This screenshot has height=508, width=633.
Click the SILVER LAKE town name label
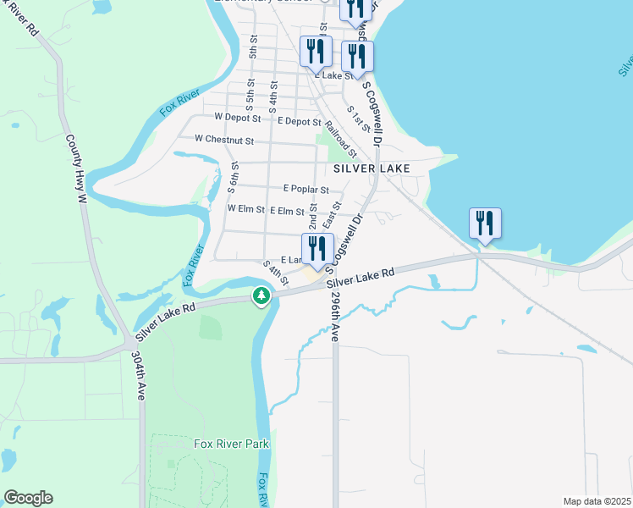372,168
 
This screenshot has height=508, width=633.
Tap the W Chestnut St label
224,138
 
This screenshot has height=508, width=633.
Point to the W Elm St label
246,208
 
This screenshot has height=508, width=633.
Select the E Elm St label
287,210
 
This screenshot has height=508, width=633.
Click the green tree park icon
262,295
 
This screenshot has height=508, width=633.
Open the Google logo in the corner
28,498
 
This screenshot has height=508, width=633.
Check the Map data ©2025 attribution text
597,501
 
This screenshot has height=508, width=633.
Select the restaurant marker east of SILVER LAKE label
485,224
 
